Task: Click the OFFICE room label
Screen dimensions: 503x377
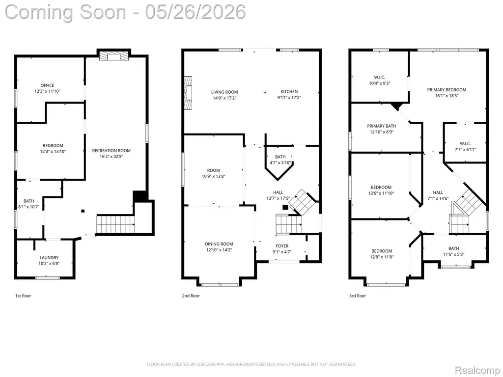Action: tap(47, 85)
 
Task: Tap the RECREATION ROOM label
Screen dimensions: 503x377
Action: tap(112, 150)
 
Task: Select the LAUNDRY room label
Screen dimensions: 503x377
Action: tap(49, 257)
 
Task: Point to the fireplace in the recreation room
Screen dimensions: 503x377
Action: tap(113, 56)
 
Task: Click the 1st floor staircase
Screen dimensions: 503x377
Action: tap(115, 224)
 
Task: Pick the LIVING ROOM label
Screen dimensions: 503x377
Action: tap(224, 92)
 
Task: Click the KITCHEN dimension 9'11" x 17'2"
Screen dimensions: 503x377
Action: tap(289, 98)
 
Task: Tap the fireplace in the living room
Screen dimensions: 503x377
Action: tap(188, 93)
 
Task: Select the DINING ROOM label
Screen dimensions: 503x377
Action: tap(219, 244)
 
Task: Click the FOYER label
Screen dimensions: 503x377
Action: tap(282, 246)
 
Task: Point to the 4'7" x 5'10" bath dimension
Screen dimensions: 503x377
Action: tap(280, 163)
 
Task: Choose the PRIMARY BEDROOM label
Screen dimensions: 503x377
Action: tap(447, 90)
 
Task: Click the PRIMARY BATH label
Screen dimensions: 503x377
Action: tap(381, 126)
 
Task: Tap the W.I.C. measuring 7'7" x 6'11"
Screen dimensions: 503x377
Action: tap(465, 146)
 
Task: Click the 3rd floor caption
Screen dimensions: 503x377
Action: tap(358, 296)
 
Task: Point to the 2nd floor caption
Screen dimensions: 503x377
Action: tap(191, 296)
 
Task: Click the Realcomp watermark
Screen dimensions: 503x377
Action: tap(477, 370)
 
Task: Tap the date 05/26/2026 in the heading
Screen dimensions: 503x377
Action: tap(196, 12)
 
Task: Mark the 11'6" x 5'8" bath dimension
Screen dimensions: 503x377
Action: tap(453, 254)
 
